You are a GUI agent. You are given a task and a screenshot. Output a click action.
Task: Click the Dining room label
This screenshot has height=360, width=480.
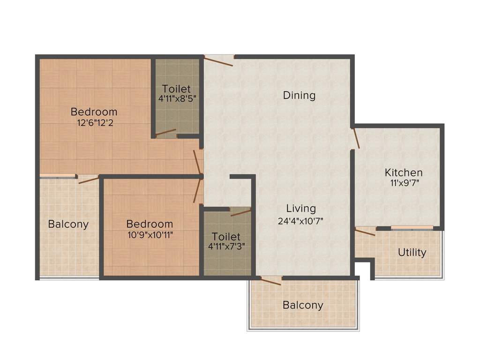299,96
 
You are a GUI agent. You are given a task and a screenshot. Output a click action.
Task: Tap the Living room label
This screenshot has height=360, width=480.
301,209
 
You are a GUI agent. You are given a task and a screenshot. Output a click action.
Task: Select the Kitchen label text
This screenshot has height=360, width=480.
404,172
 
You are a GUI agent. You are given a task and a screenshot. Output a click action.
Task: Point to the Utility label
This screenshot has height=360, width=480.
412,253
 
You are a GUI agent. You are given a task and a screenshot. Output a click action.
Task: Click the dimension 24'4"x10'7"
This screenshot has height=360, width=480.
301,220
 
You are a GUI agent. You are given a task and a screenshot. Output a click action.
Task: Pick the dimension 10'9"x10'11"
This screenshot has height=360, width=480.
150,235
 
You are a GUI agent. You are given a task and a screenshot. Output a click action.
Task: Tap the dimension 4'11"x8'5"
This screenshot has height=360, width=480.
176,99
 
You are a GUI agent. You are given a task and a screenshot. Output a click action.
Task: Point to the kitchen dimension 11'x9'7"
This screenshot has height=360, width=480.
404,183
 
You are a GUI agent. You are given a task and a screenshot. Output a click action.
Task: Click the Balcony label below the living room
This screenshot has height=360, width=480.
303,306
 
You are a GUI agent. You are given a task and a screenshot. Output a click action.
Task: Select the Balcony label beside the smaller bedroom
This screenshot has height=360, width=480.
68,224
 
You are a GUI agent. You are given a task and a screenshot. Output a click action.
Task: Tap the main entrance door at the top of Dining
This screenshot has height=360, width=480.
219,60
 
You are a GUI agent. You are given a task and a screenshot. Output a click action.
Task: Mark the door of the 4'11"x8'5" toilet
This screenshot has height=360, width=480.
166,133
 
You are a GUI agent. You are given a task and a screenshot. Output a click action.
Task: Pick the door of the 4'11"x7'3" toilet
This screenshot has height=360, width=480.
240,212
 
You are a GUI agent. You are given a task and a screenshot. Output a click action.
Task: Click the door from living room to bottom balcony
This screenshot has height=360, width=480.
271,281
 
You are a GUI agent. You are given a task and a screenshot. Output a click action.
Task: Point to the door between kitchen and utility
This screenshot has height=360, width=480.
365,232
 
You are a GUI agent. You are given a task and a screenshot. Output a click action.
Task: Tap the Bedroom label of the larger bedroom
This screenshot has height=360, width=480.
94,112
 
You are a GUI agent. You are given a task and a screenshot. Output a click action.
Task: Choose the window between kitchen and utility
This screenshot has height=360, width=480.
412,228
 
